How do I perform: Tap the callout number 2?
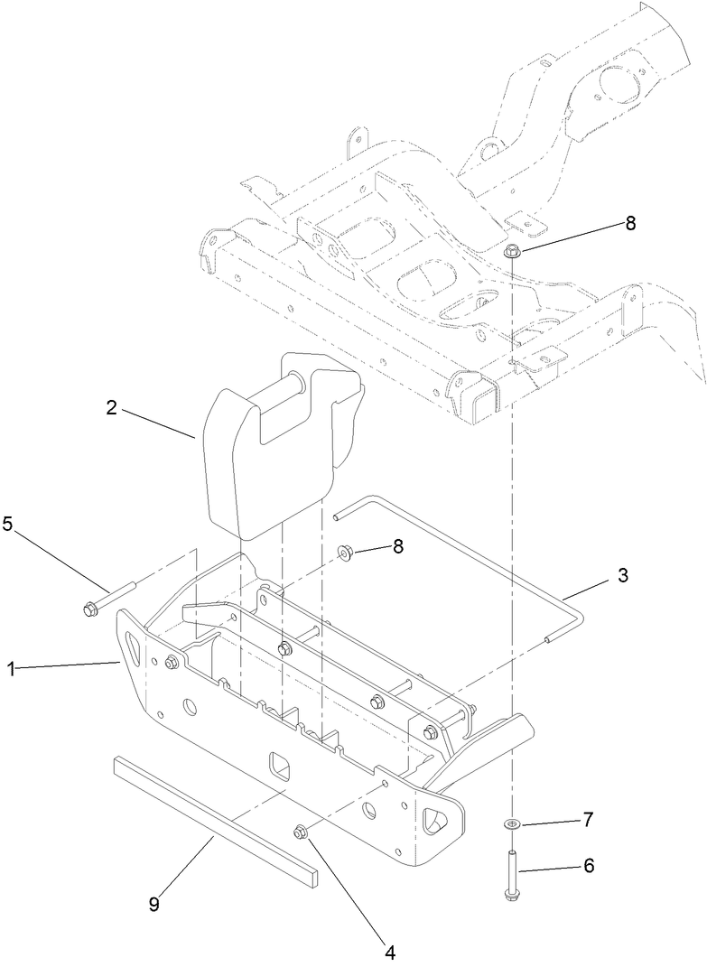coord(111,407)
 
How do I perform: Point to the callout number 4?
coord(390,951)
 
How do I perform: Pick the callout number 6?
coord(588,865)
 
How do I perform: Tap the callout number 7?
coord(587,819)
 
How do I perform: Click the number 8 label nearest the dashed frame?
coord(629,224)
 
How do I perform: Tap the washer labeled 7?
coord(511,823)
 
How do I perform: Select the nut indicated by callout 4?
coord(302,831)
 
